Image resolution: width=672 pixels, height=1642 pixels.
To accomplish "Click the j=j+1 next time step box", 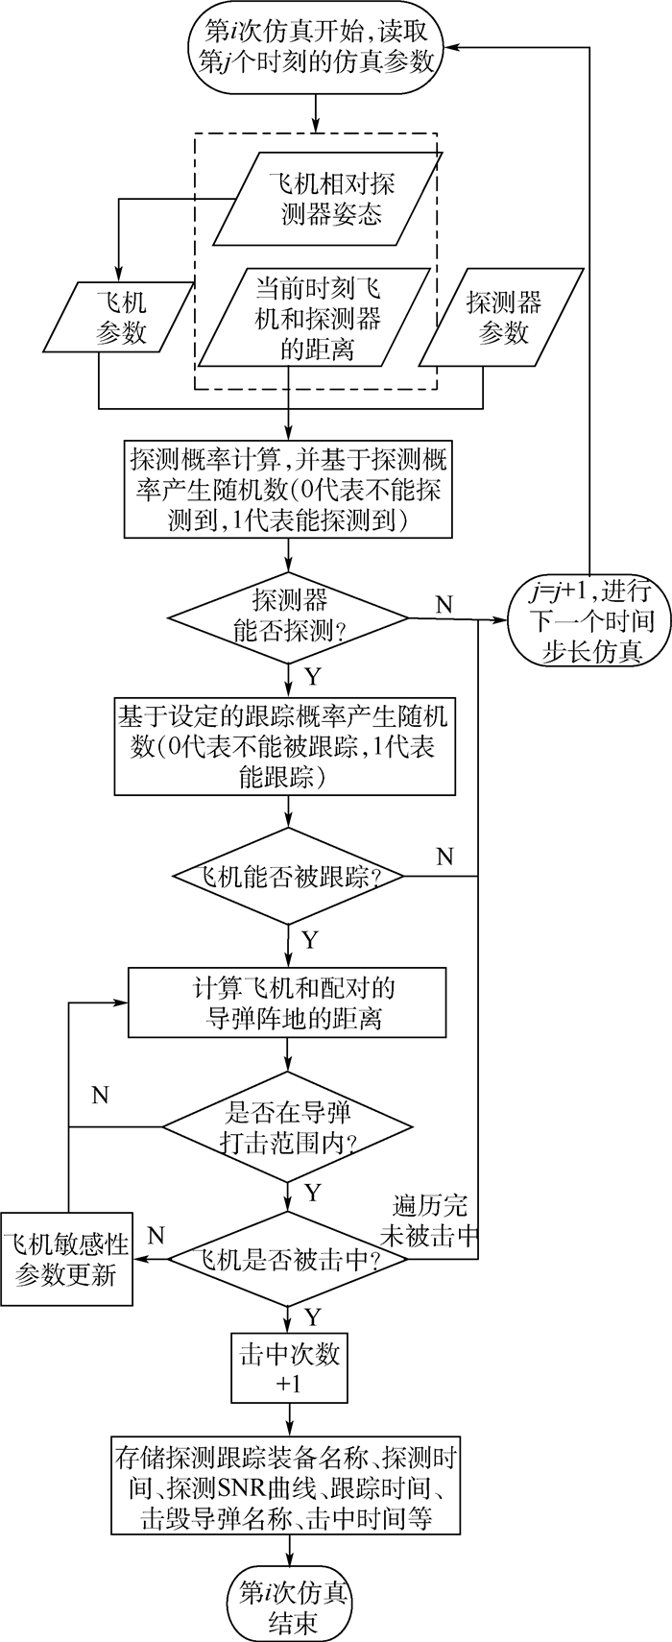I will coord(590,620).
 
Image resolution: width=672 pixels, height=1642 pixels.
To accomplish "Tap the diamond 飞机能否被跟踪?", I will coord(288,876).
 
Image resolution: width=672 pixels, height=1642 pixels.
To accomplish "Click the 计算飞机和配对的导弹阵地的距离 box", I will coord(288,1002).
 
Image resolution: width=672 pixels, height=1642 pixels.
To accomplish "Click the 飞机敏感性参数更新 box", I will coord(67,1260).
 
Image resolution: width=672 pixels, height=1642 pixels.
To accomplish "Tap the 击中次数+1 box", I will coord(288,1366).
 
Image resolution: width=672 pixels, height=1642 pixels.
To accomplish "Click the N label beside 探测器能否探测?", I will coord(444,603).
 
